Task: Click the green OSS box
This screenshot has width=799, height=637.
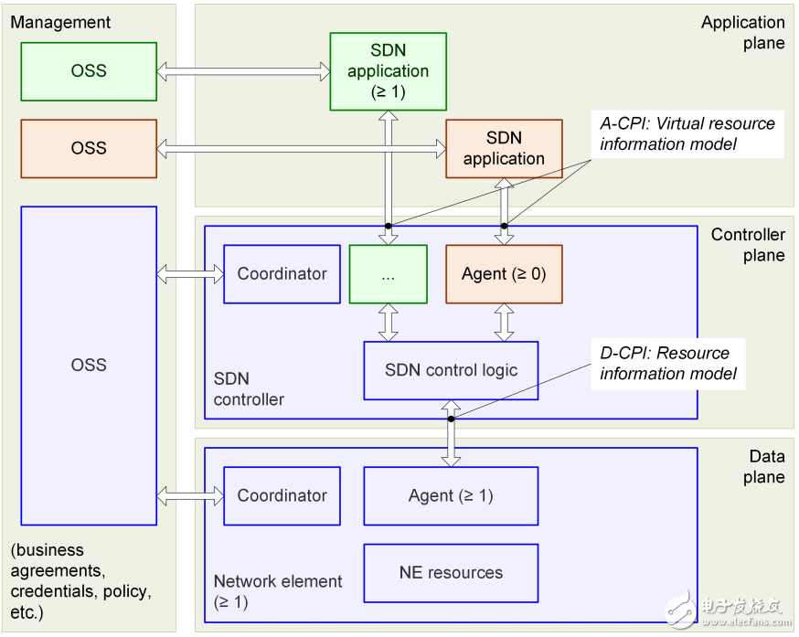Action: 89,69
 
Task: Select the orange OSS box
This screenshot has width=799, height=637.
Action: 89,148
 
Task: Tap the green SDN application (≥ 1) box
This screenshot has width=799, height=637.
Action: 388,71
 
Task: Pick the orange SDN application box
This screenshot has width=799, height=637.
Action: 504,148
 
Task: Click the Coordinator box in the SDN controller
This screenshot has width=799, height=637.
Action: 282,274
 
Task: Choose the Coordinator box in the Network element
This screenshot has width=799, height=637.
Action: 282,496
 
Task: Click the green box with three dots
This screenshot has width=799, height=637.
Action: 388,274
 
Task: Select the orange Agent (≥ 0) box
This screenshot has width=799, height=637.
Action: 504,274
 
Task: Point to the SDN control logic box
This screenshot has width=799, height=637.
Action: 451,370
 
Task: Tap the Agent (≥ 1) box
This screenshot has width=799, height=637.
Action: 451,496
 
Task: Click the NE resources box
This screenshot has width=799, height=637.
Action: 451,573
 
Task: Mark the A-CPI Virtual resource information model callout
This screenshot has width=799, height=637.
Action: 687,133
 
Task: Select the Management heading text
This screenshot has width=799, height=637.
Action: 60,22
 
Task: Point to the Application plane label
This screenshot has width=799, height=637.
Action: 742,32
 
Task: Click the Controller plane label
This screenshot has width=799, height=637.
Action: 748,245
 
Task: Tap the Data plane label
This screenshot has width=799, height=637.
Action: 766,466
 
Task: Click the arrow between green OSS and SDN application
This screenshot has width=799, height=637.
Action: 243,69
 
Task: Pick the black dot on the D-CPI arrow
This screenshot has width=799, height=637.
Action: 451,419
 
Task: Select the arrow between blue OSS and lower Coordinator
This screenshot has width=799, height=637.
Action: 190,496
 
